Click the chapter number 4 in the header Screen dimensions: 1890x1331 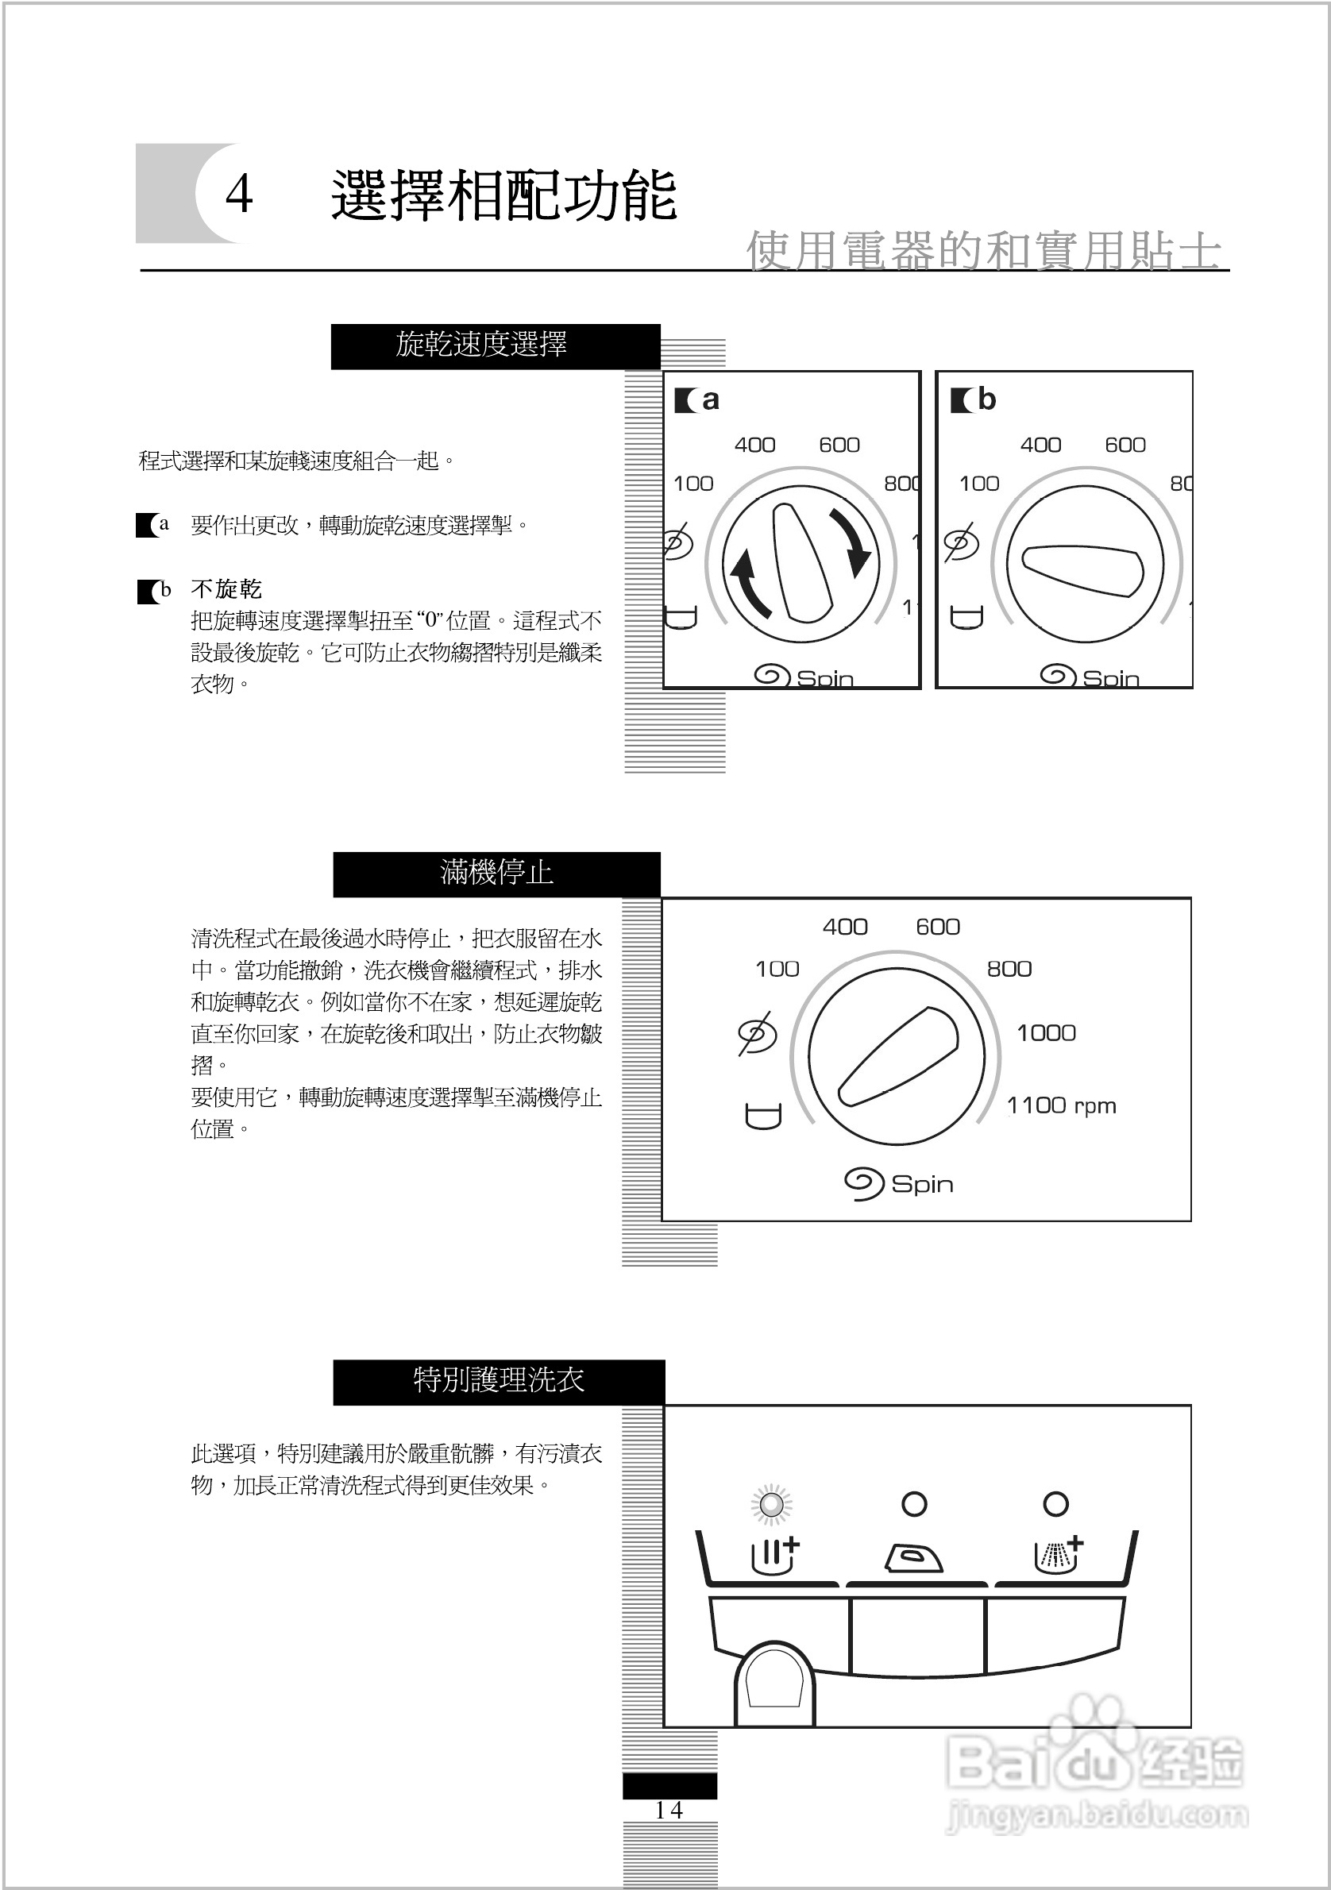pyautogui.click(x=239, y=195)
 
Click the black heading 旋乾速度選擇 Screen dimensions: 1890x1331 pyautogui.click(x=480, y=345)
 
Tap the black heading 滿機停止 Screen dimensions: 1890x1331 pyautogui.click(x=496, y=873)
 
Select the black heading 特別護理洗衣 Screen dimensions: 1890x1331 pyautogui.click(x=499, y=1380)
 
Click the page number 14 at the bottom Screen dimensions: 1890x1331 pyautogui.click(x=669, y=1810)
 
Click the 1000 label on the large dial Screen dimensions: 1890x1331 pyautogui.click(x=1045, y=1033)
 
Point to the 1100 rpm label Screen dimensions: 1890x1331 pyautogui.click(x=1061, y=1105)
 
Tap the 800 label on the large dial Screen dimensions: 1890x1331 pyautogui.click(x=1009, y=969)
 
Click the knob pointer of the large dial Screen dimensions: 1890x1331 pyautogui.click(x=899, y=1056)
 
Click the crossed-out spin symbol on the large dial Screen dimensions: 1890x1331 pyautogui.click(x=758, y=1034)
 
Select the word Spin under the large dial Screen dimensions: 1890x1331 pyautogui.click(x=922, y=1185)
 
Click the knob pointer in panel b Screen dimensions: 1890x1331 pyautogui.click(x=1083, y=569)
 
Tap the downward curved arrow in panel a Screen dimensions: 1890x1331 pyautogui.click(x=852, y=543)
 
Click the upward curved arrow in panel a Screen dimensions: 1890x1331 pyautogui.click(x=748, y=584)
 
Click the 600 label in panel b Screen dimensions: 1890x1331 pyautogui.click(x=1125, y=445)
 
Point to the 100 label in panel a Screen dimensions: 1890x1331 pyautogui.click(x=693, y=484)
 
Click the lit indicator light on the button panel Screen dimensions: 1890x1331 pyautogui.click(x=772, y=1505)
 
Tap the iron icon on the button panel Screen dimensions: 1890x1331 pyautogui.click(x=914, y=1558)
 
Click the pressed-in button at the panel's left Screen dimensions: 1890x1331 pyautogui.click(x=774, y=1683)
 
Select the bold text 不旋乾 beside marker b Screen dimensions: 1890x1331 pyautogui.click(x=226, y=589)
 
